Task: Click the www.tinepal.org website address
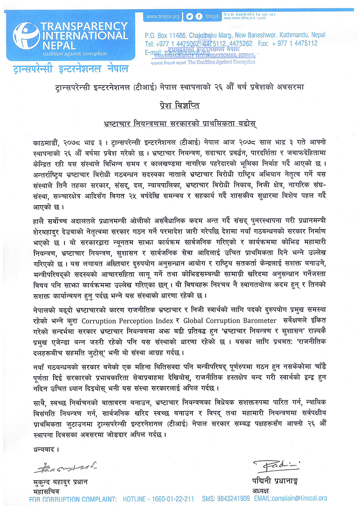coord(162,16)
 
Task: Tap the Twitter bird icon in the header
coord(190,16)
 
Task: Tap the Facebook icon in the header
coord(198,16)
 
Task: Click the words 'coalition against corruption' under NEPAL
coord(75,53)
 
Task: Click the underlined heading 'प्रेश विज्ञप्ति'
coord(180,105)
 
